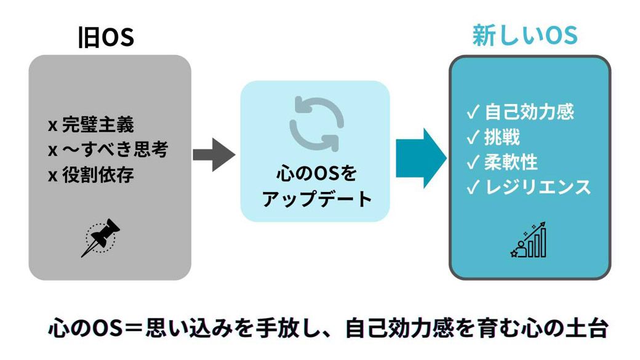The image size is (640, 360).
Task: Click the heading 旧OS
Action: (106, 38)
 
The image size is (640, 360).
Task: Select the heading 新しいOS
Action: (525, 35)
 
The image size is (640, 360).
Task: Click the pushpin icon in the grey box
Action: (100, 237)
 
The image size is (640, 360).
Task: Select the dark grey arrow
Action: (214, 154)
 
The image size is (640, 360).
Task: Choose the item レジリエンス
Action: (537, 186)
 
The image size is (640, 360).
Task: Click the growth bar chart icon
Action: (529, 241)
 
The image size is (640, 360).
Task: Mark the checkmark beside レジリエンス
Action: (473, 187)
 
